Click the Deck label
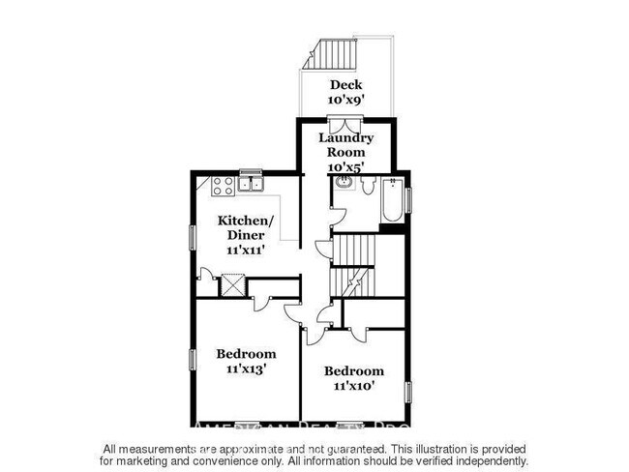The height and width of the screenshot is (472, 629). pos(345,84)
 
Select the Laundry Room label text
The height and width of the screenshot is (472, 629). pos(346,145)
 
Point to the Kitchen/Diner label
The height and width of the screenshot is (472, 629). pos(246,226)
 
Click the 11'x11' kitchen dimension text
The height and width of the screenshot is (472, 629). pos(246,249)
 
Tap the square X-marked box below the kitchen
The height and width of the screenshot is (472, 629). pos(234,285)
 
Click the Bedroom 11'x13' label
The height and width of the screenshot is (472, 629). pos(246,361)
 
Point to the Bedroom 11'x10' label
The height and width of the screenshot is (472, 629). pos(353,378)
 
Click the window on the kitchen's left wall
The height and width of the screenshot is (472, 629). pos(191,238)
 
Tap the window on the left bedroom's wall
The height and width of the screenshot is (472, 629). pos(191,358)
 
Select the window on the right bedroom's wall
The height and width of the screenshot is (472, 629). pos(408,391)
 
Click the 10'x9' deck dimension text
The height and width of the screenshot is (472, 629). pos(345,100)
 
